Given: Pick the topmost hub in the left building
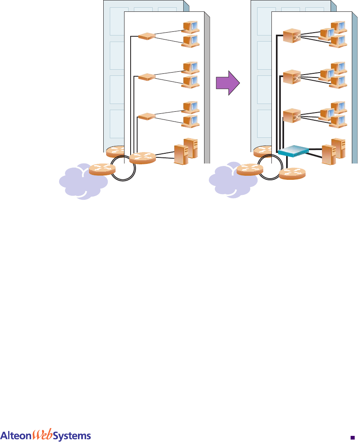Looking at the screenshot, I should [x=146, y=36].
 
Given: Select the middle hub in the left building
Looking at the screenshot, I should [x=146, y=76].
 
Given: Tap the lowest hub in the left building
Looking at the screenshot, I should [x=146, y=117].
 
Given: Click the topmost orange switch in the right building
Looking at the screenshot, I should [x=291, y=35].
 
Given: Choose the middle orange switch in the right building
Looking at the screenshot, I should [x=291, y=76].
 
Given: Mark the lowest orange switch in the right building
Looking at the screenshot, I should [x=291, y=115].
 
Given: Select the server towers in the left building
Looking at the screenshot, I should [x=186, y=150].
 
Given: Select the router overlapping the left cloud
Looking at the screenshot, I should [x=102, y=169].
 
